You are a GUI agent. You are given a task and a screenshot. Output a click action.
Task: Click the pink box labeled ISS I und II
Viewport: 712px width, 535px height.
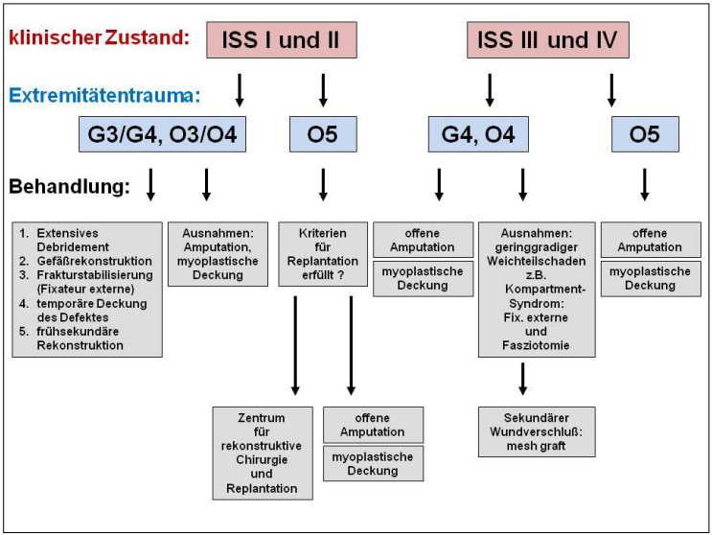[x=281, y=39]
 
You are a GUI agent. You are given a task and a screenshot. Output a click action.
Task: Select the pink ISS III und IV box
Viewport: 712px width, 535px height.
[x=547, y=39]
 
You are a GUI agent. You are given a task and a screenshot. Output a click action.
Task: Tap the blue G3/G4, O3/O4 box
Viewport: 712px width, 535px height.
[x=163, y=134]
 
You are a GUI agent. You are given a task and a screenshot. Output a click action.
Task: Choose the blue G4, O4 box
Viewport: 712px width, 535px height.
[x=478, y=134]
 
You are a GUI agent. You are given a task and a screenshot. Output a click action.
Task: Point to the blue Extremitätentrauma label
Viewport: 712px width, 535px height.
[x=106, y=95]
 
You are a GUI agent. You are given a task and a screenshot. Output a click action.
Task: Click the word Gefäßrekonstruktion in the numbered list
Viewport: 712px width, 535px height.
[x=92, y=260]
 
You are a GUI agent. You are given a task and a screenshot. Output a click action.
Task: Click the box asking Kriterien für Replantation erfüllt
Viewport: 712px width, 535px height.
[x=323, y=254]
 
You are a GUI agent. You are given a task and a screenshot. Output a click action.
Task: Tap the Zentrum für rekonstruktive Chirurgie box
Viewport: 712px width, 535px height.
[x=262, y=453]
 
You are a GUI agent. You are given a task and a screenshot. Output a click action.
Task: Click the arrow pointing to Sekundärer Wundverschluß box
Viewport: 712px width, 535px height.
[x=522, y=379]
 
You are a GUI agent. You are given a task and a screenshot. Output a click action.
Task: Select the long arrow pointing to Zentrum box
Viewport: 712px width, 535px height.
[x=295, y=345]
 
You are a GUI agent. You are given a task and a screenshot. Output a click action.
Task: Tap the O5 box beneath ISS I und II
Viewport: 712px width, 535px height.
[x=323, y=134]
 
